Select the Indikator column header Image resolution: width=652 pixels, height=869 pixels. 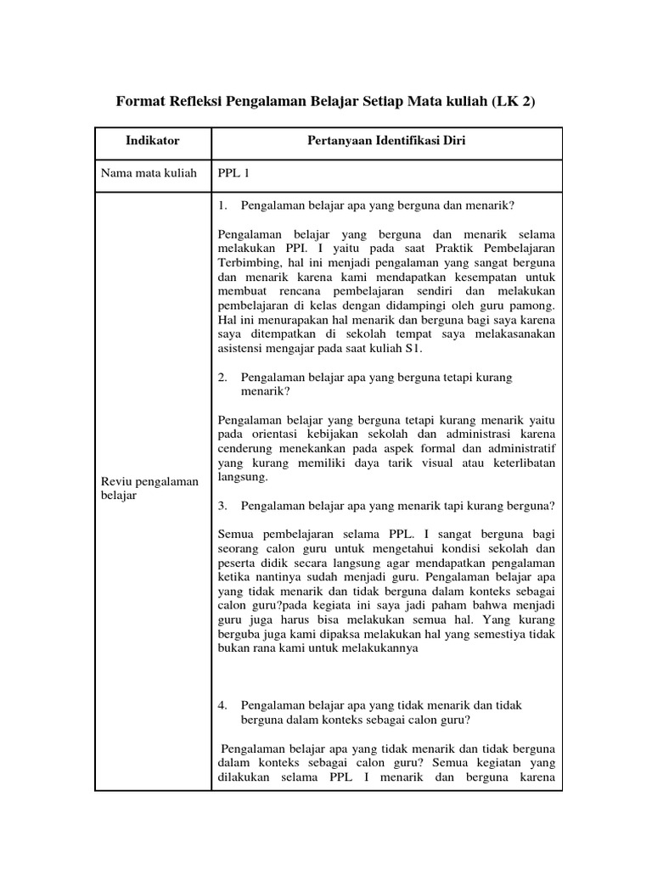[x=153, y=141]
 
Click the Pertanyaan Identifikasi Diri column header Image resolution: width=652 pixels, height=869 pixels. [x=386, y=141]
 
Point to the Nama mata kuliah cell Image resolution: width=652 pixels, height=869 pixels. [x=149, y=173]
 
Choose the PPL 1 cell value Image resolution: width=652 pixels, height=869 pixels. [x=233, y=173]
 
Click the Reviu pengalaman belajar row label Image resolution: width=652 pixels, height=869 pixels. [x=149, y=488]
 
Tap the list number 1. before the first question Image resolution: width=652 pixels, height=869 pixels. [x=223, y=205]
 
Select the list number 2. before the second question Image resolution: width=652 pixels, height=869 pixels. [x=223, y=377]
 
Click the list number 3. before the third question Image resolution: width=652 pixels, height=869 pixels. [x=223, y=505]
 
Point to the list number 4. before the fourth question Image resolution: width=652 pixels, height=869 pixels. [x=223, y=705]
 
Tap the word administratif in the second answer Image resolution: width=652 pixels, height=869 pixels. [x=521, y=448]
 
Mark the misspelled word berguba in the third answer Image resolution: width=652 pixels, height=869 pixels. [x=241, y=634]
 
